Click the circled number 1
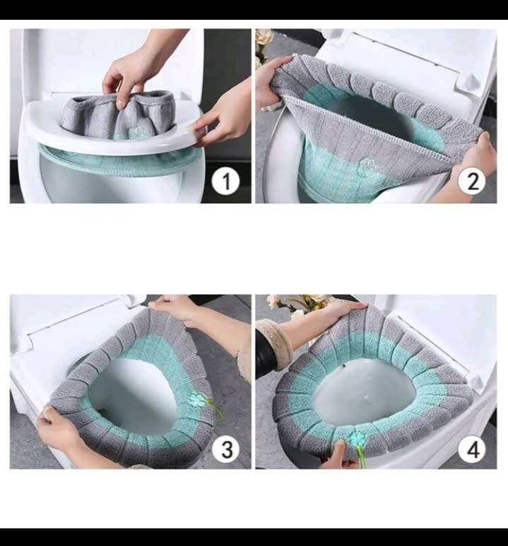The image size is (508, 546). click(226, 182)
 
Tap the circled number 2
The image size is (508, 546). click(471, 182)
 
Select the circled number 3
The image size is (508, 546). click(226, 449)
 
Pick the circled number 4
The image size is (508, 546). click(471, 449)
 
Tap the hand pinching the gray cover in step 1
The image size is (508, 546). click(131, 74)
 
